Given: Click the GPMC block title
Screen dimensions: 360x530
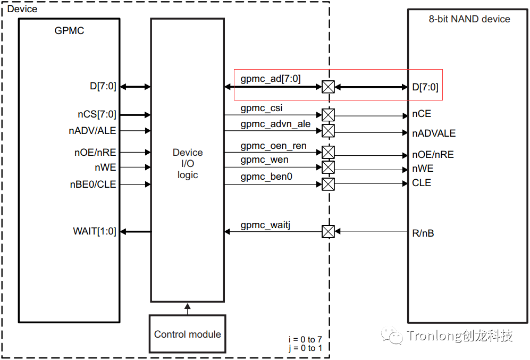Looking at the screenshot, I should click(69, 30).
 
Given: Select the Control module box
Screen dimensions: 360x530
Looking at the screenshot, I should click(187, 334).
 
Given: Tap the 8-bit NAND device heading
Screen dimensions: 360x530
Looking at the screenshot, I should click(469, 19).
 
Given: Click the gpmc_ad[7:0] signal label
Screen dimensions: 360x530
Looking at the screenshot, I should click(270, 79).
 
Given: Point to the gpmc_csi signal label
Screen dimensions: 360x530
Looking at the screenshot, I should click(261, 108).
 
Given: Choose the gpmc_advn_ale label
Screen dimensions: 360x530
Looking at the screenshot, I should click(275, 124).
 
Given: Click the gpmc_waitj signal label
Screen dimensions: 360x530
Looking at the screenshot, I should click(265, 225).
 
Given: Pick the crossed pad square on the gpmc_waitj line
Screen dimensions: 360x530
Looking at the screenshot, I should click(329, 231).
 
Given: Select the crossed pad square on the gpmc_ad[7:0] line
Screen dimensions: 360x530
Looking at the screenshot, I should click(329, 87).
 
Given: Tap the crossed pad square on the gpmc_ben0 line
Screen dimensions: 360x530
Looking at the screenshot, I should click(329, 185).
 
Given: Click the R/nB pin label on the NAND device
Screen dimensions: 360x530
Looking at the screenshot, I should click(423, 233).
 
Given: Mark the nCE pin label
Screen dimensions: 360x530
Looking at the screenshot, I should click(421, 114).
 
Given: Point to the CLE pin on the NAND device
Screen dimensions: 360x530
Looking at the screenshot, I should click(421, 183).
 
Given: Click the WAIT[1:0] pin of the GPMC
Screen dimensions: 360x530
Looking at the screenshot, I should click(95, 231).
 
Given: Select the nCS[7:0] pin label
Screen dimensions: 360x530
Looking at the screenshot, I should click(96, 114).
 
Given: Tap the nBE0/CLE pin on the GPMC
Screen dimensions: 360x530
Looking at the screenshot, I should click(92, 185).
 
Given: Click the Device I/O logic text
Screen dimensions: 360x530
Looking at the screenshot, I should click(187, 164).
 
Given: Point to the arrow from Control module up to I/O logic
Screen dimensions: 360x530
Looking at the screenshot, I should click(187, 308).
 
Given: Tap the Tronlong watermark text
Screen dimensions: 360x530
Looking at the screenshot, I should click(459, 336).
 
